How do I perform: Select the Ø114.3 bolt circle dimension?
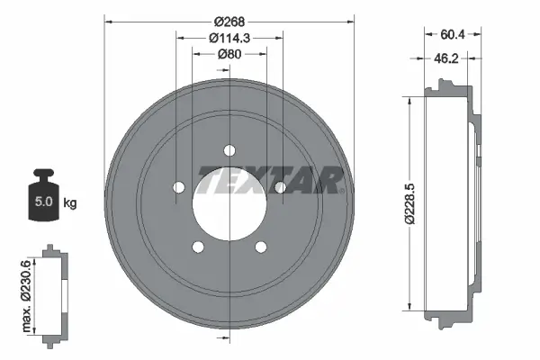(229, 37)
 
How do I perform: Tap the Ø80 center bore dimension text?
(229, 53)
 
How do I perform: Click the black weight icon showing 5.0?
(41, 197)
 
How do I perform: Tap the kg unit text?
(70, 202)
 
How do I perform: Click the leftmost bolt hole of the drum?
(178, 187)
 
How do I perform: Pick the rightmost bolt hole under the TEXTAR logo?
(281, 187)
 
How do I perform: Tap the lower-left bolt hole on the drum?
(198, 247)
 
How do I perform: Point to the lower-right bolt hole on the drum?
(261, 247)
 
